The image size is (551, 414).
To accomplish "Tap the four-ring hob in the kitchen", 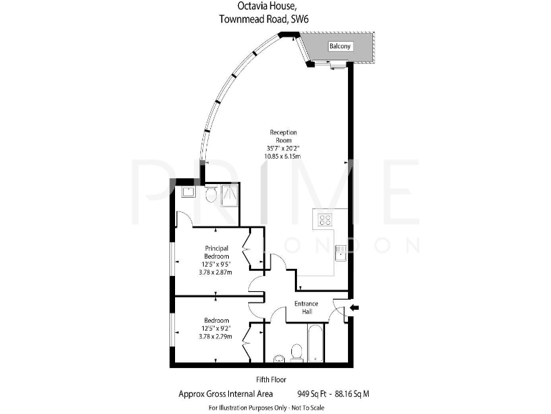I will pyautogui.click(x=325, y=220).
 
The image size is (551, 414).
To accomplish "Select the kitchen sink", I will pyautogui.click(x=340, y=251).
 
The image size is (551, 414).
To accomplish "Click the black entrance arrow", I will pyautogui.click(x=354, y=309).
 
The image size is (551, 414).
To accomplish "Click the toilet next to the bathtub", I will pyautogui.click(x=296, y=351).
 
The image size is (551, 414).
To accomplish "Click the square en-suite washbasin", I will pyautogui.click(x=189, y=192).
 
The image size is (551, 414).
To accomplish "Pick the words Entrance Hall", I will pyautogui.click(x=306, y=308).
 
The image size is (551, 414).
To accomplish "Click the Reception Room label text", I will pyautogui.click(x=283, y=137).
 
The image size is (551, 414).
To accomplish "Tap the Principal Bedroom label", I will pyautogui.click(x=217, y=252).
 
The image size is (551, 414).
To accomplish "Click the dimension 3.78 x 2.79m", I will pyautogui.click(x=217, y=336).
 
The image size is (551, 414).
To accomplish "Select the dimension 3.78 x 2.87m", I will pyautogui.click(x=217, y=272).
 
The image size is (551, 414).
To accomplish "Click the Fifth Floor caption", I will pyautogui.click(x=273, y=379).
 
